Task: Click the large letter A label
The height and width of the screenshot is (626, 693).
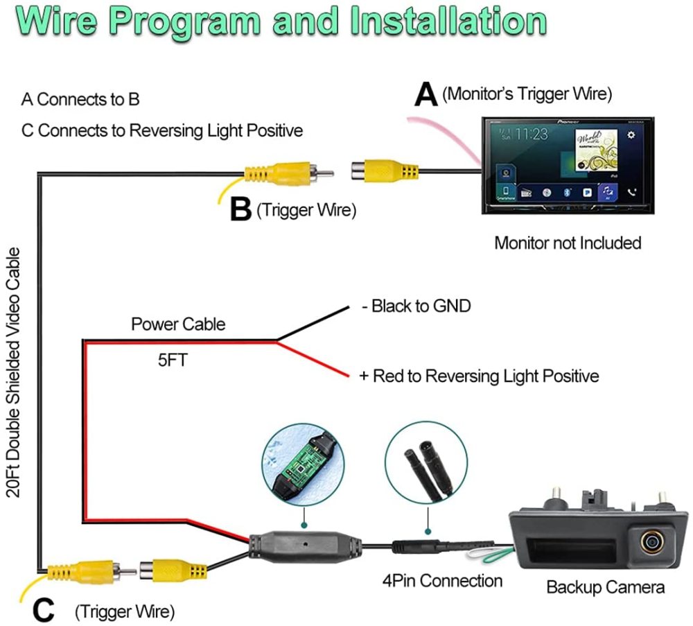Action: coord(426,95)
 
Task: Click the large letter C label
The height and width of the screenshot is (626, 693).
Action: coord(43,611)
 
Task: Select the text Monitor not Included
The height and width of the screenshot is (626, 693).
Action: coord(567,243)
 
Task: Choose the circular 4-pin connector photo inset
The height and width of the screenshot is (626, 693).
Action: coord(428,466)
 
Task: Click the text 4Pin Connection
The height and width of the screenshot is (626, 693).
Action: coord(442,580)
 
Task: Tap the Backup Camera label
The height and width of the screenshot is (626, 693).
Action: coord(605,587)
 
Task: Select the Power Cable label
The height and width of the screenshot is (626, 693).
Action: coord(178,324)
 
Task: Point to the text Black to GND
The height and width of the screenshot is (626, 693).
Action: coord(416,306)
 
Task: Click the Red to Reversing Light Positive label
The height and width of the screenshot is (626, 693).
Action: coord(479,376)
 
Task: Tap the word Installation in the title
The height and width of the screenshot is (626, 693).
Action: coord(448,21)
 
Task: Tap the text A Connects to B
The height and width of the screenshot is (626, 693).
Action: coord(80,99)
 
